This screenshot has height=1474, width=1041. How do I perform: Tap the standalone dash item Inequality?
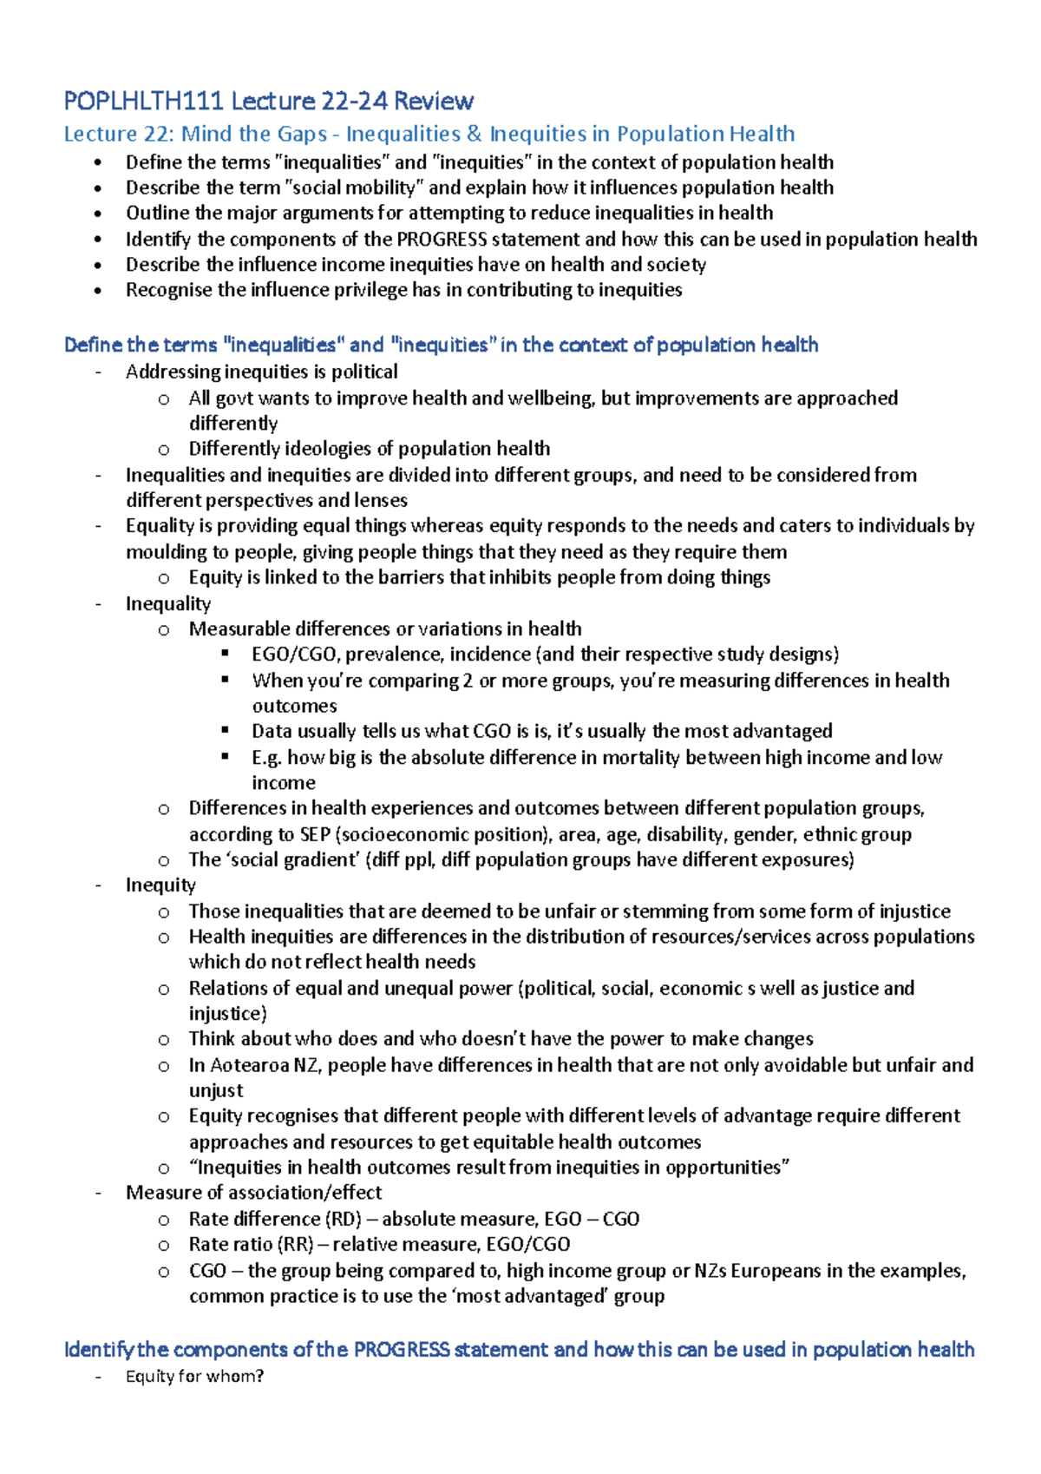click(x=168, y=603)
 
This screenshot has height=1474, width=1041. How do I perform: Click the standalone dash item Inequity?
click(x=160, y=885)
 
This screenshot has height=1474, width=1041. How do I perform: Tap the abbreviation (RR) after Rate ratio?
click(x=296, y=1244)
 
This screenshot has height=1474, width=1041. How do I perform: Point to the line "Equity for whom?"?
click(x=194, y=1376)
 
